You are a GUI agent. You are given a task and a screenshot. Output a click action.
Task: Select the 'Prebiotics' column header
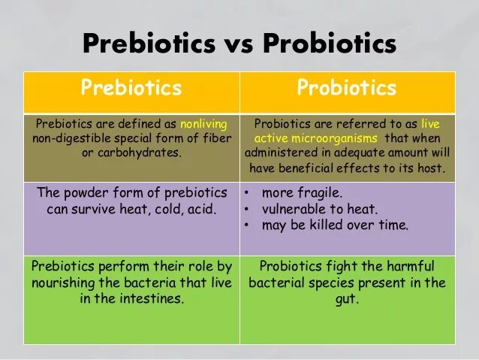[x=131, y=88]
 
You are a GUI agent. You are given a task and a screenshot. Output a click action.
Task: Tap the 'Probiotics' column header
[x=346, y=88]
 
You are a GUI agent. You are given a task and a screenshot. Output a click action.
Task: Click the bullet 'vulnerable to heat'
[x=319, y=209]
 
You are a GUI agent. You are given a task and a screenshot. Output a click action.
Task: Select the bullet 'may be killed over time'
[x=335, y=225]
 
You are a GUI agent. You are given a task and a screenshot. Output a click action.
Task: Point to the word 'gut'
[x=346, y=298]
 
